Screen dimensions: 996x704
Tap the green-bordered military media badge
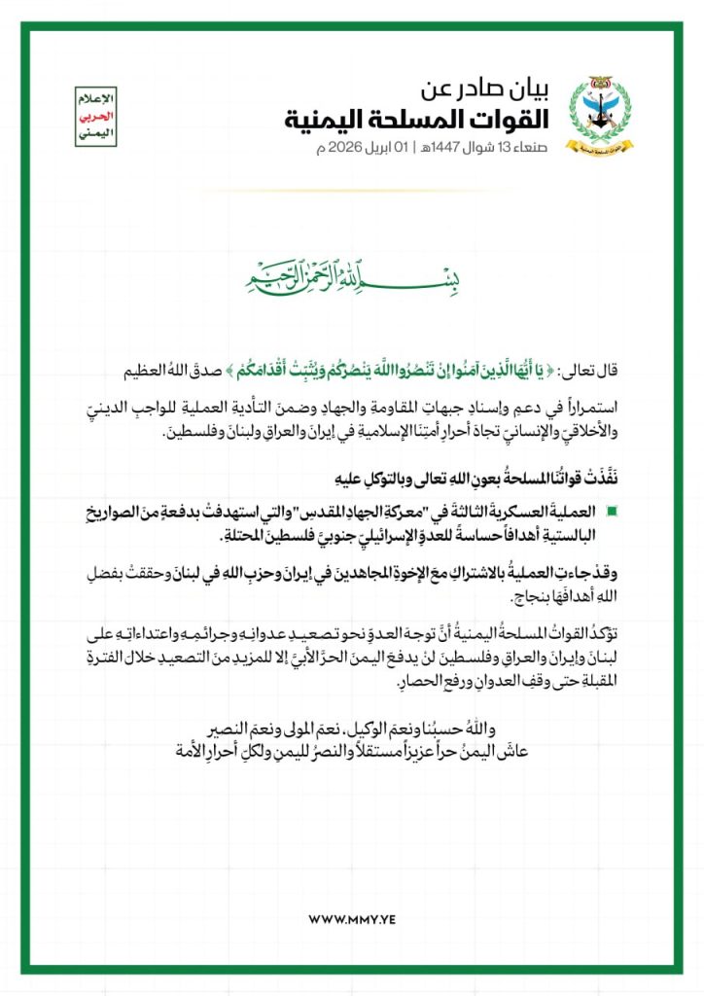[x=95, y=116]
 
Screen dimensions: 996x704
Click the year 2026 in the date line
[x=349, y=148]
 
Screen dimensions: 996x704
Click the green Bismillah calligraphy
[x=352, y=278]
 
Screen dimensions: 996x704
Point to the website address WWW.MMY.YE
[x=351, y=918]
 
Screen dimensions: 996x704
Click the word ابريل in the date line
[x=386, y=148]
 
